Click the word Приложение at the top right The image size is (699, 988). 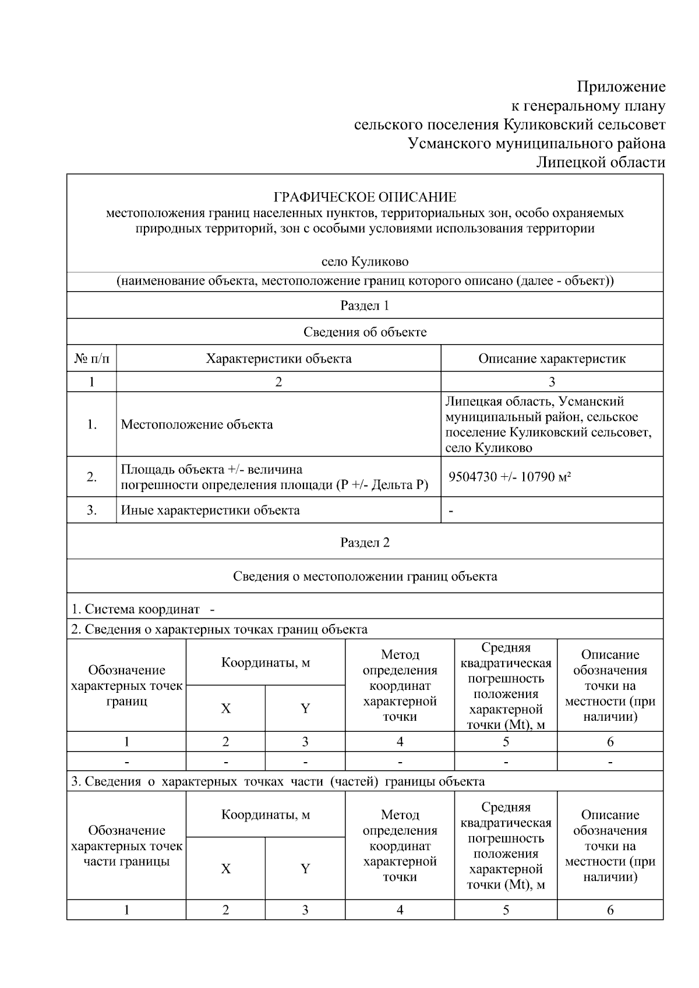pyautogui.click(x=621, y=87)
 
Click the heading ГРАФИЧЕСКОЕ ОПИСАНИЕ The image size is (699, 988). pyautogui.click(x=365, y=197)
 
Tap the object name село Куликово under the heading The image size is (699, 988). pyautogui.click(x=365, y=261)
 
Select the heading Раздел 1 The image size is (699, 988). pyautogui.click(x=365, y=306)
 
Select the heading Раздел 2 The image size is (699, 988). pyautogui.click(x=365, y=543)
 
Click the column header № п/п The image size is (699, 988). pyautogui.click(x=91, y=359)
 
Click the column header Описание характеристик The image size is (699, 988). pyautogui.click(x=552, y=359)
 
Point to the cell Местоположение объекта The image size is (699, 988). pyautogui.click(x=197, y=424)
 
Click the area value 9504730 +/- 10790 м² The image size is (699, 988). pyautogui.click(x=509, y=477)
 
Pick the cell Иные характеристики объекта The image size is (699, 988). pyautogui.click(x=210, y=511)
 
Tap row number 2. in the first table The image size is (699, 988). pyautogui.click(x=91, y=477)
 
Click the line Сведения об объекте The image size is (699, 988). pyautogui.click(x=365, y=332)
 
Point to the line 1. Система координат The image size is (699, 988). pyautogui.click(x=136, y=610)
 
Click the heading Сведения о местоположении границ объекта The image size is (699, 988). pyautogui.click(x=365, y=576)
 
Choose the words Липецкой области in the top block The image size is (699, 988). pyautogui.click(x=601, y=162)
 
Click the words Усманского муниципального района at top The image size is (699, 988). pyautogui.click(x=536, y=144)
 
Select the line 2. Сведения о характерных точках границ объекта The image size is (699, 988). pyautogui.click(x=219, y=629)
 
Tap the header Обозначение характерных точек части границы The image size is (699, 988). pyautogui.click(x=126, y=846)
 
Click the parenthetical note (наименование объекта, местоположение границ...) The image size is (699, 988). pyautogui.click(x=365, y=281)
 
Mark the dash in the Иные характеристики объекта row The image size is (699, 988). pyautogui.click(x=451, y=511)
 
